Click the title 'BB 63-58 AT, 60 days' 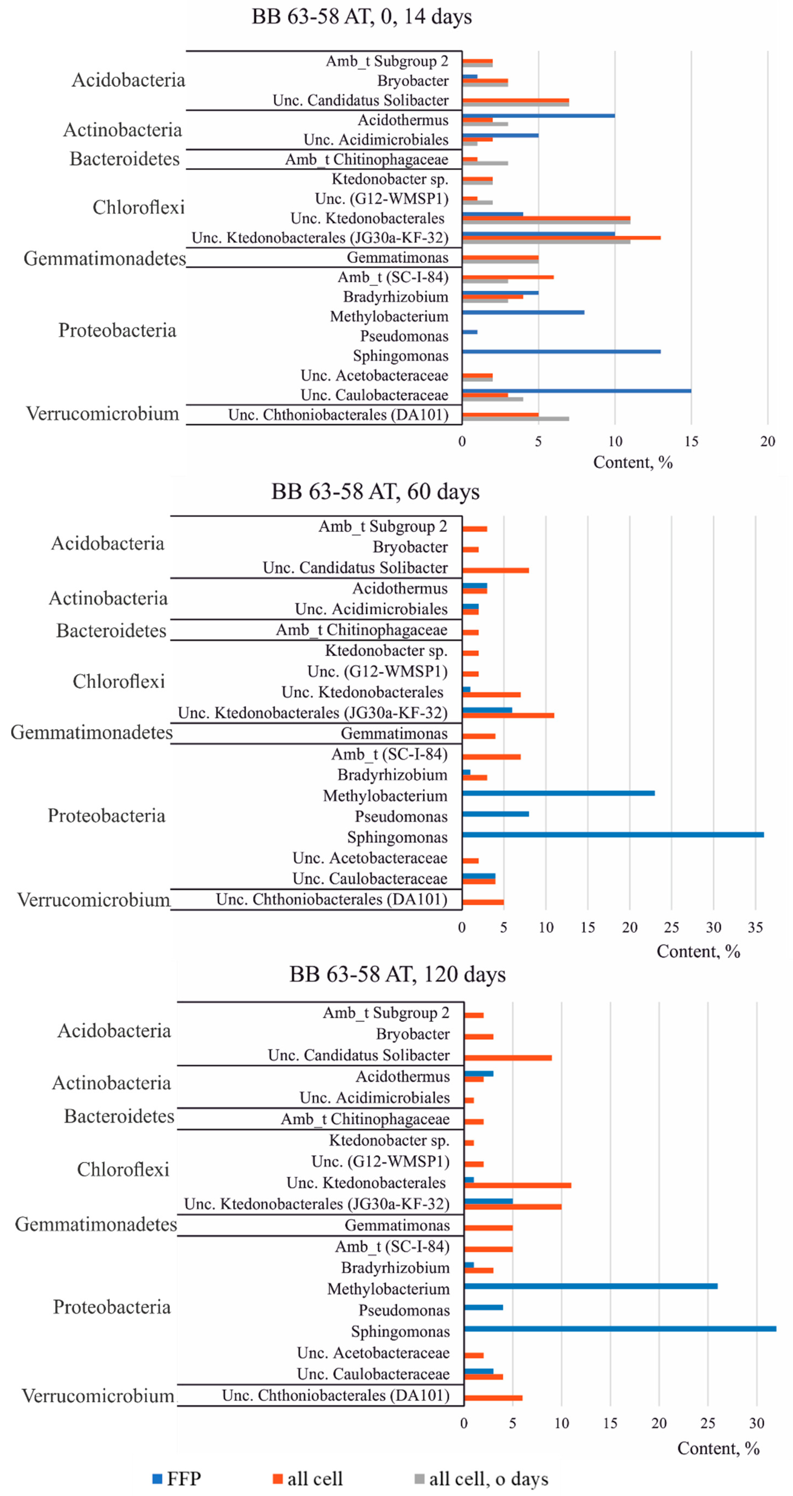375,492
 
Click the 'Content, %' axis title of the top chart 632,462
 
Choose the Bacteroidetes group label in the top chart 125,159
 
